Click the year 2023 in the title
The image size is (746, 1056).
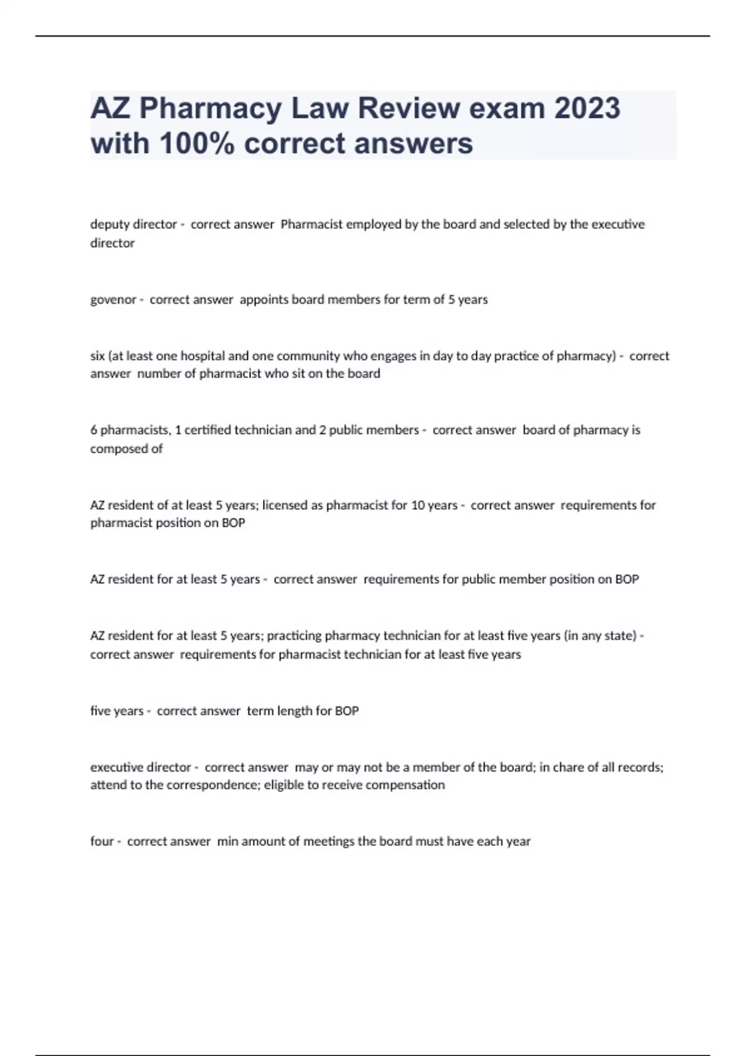[587, 108]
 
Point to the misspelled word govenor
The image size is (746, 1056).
[113, 299]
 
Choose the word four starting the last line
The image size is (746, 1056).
[101, 841]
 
